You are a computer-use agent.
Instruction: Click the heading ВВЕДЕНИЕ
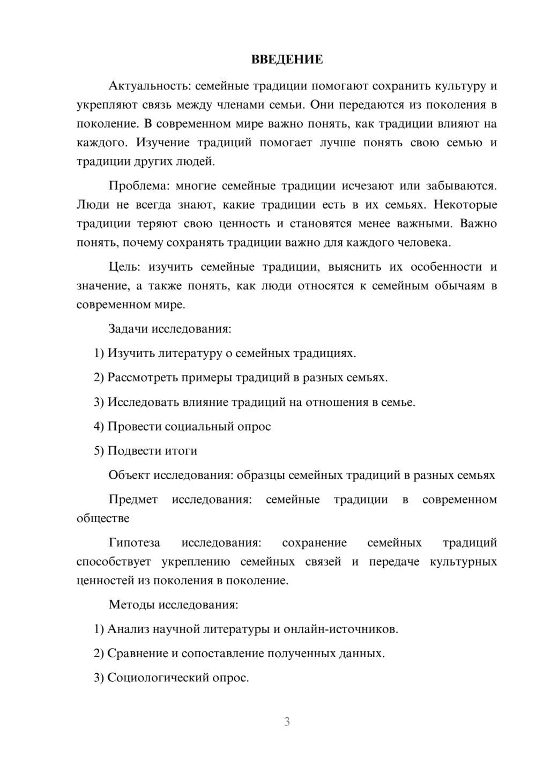(x=287, y=60)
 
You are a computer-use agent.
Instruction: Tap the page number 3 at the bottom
(x=287, y=722)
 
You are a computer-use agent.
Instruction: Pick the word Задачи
(x=128, y=329)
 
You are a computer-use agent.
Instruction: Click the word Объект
(x=129, y=475)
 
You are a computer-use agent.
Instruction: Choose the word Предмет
(x=133, y=500)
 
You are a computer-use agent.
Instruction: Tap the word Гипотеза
(x=134, y=543)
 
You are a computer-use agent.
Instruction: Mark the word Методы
(x=131, y=605)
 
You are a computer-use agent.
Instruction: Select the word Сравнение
(x=137, y=653)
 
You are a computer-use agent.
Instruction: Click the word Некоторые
(x=465, y=205)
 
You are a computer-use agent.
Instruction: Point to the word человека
(x=427, y=242)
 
